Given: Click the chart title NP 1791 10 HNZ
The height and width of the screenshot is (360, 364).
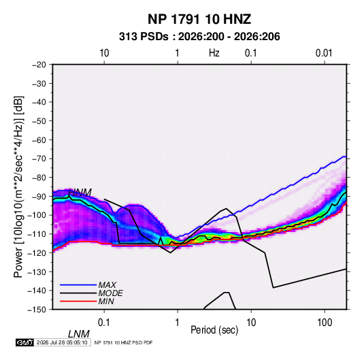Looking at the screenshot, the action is point(199,19).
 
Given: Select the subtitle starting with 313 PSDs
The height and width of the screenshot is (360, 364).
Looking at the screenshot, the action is point(199,37).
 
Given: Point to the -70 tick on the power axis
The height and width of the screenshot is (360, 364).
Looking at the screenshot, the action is point(39,159).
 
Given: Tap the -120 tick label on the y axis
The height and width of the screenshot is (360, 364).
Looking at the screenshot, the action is point(37,253).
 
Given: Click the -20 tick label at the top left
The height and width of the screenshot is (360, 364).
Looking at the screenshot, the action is point(39,65).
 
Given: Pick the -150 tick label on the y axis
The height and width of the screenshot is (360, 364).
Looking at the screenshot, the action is point(37,310).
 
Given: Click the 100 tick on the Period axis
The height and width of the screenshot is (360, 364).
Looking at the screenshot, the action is point(325,323).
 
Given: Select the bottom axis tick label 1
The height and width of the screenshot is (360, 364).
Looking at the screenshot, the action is point(178,323).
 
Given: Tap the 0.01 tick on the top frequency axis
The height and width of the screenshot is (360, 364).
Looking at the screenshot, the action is point(324,53).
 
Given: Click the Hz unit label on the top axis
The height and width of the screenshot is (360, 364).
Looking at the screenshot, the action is point(214,53).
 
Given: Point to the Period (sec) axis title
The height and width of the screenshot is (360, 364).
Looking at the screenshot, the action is point(214,330).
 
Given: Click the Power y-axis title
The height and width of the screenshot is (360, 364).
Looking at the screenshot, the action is point(18,186).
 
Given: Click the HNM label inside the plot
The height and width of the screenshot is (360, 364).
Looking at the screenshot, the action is point(80,193).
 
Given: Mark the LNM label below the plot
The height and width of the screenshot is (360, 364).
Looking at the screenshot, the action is point(79,334).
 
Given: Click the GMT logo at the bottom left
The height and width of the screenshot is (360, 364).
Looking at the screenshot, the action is point(24,342).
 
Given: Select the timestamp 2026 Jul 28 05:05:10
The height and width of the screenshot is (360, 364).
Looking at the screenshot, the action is point(62,342).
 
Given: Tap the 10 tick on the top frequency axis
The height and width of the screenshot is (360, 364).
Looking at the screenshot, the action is point(104,53).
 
